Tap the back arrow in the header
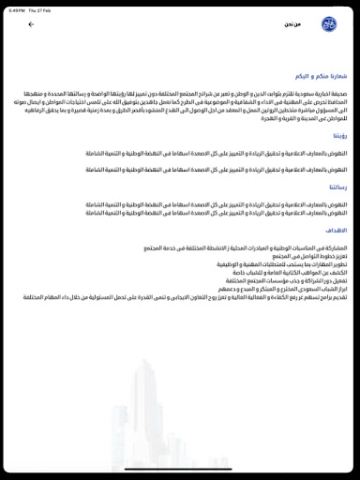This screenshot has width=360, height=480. pyautogui.click(x=31, y=24)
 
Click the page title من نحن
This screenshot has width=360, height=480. pyautogui.click(x=292, y=24)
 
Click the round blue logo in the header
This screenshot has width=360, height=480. pyautogui.click(x=328, y=24)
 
